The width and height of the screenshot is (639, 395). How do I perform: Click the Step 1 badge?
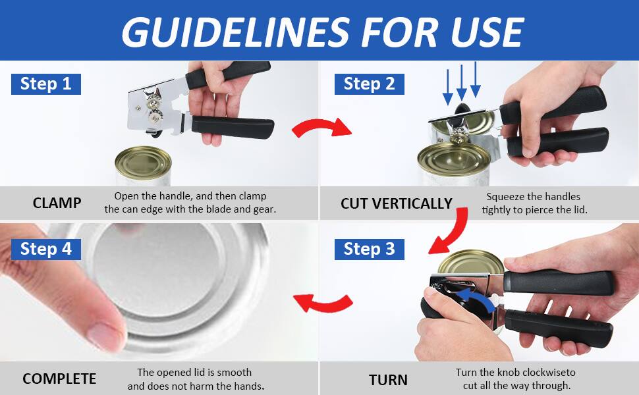pyautogui.click(x=45, y=84)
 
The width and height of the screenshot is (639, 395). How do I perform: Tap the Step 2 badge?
pyautogui.click(x=369, y=84)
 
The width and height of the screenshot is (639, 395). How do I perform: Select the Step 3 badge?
pyautogui.click(x=369, y=249)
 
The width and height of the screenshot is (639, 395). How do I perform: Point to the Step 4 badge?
pyautogui.click(x=45, y=249)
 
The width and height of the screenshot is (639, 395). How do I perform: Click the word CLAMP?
pyautogui.click(x=57, y=203)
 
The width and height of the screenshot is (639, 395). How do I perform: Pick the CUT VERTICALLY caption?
pyautogui.click(x=396, y=203)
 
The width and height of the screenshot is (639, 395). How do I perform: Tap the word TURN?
pyautogui.click(x=388, y=380)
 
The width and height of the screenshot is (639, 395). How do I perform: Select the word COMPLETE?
pyautogui.click(x=59, y=379)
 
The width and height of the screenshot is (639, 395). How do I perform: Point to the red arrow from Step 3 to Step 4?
pyautogui.click(x=323, y=303)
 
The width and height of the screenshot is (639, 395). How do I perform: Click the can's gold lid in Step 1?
pyautogui.click(x=143, y=161)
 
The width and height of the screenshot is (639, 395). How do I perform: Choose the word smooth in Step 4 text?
pyautogui.click(x=234, y=373)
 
